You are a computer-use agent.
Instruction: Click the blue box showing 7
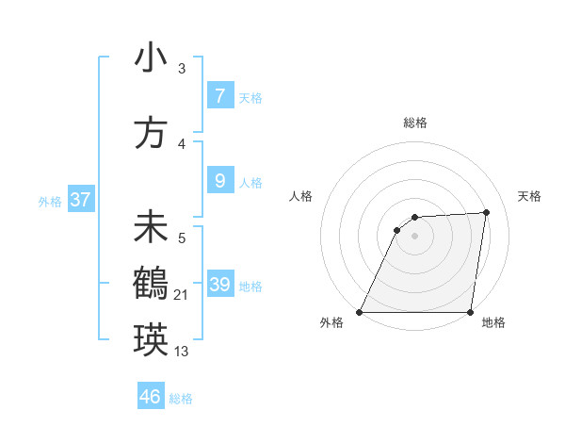click(219, 96)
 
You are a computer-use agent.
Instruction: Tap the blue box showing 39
click(219, 285)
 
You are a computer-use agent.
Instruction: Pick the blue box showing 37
click(80, 200)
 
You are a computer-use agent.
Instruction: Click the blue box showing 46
click(151, 397)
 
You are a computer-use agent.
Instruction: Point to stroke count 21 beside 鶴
click(182, 295)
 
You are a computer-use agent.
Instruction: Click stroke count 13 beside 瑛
click(182, 352)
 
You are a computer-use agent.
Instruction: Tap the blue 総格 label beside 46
click(181, 399)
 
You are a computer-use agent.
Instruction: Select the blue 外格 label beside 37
click(50, 202)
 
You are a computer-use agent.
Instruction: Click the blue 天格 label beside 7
click(250, 98)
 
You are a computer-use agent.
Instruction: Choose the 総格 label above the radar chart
click(414, 123)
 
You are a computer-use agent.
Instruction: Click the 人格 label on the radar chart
click(300, 196)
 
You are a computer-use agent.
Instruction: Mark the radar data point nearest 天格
click(487, 212)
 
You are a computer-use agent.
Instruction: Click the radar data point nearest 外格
click(360, 312)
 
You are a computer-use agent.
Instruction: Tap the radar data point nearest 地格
click(470, 312)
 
